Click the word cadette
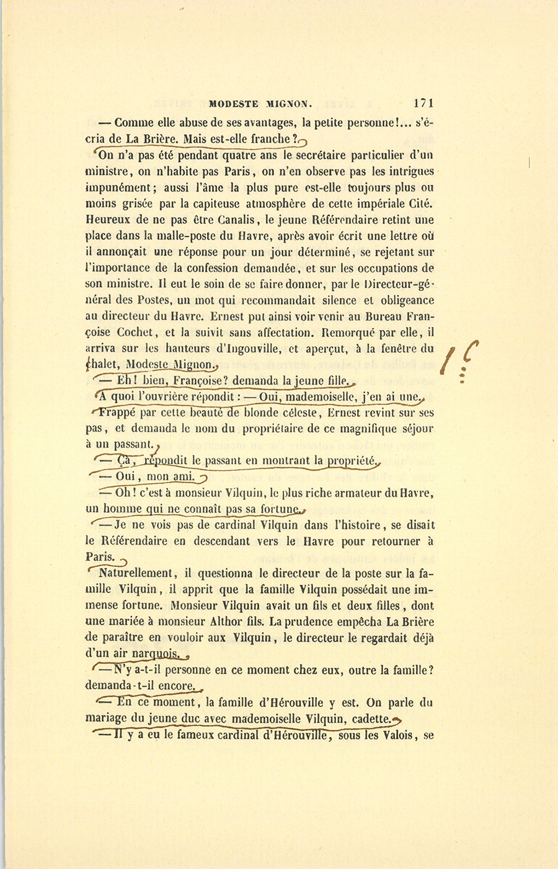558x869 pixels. tap(371, 719)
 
